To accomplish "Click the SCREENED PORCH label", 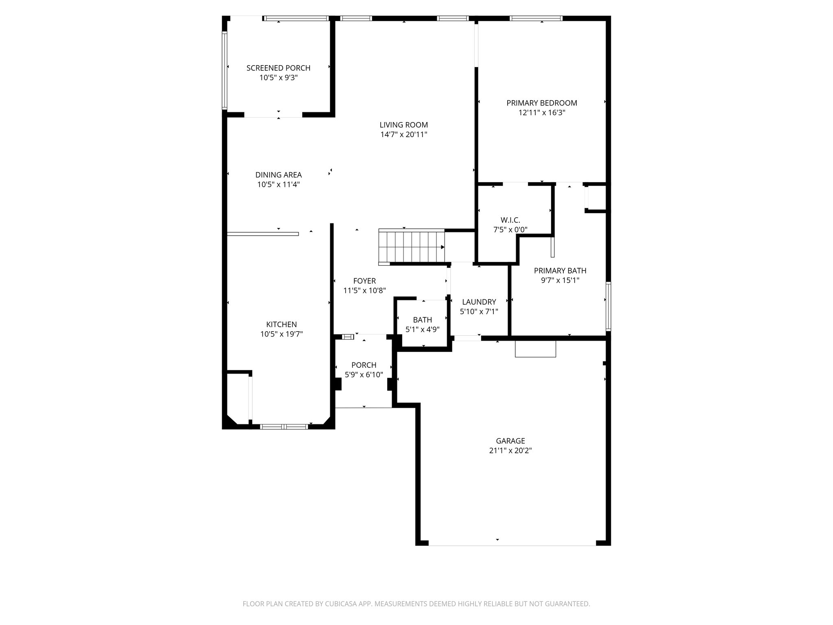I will [278, 68].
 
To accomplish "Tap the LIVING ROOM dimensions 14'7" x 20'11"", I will [403, 135].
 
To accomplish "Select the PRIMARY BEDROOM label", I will [542, 103].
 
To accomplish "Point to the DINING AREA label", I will [278, 175].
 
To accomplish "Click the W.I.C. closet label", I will [510, 220].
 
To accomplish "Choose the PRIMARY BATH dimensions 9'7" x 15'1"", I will [560, 280].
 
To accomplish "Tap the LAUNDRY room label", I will [479, 302].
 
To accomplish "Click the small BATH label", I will [422, 320].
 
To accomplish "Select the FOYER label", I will [364, 281].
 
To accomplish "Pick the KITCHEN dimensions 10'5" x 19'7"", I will [281, 334].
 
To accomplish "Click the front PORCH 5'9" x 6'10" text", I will [364, 370].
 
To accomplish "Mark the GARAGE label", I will [510, 441].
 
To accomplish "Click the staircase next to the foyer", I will [412, 247].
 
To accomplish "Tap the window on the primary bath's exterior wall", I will [608, 306].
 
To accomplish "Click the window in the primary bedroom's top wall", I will [536, 18].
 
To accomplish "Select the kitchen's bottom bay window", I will [284, 427].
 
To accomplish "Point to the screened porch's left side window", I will [224, 70].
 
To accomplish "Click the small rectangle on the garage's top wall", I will [535, 349].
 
